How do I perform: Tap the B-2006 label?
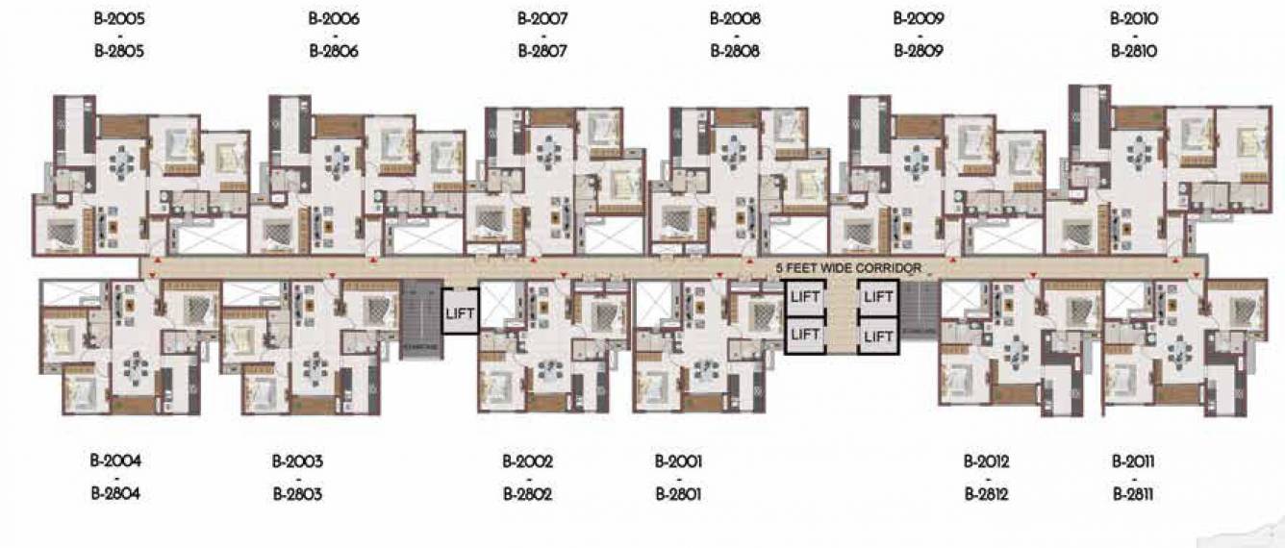tap(334, 18)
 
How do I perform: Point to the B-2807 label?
tap(542, 52)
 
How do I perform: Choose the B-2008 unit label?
tap(736, 18)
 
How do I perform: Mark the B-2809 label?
tap(919, 52)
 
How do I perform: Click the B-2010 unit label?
tap(1134, 18)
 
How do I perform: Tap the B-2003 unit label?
tap(298, 461)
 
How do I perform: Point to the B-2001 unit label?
tap(679, 461)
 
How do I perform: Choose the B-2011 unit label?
tap(1133, 461)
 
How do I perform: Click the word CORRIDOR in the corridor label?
tap(887, 268)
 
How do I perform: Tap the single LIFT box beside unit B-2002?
tap(459, 311)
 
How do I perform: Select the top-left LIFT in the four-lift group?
tap(804, 297)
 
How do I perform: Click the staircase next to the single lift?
tap(419, 316)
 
